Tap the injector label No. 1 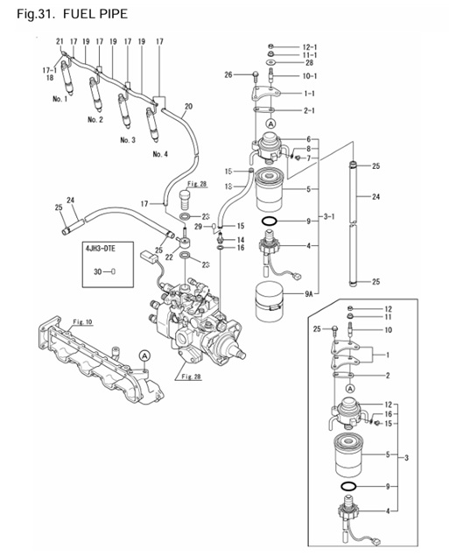[60, 99]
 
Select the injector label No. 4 [160, 154]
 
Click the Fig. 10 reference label [83, 322]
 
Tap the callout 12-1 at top [309, 46]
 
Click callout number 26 [228, 75]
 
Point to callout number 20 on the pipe [188, 107]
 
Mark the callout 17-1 [49, 69]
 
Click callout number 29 [199, 227]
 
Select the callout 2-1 [309, 110]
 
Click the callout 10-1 [309, 76]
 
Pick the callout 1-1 [309, 93]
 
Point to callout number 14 [240, 239]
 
